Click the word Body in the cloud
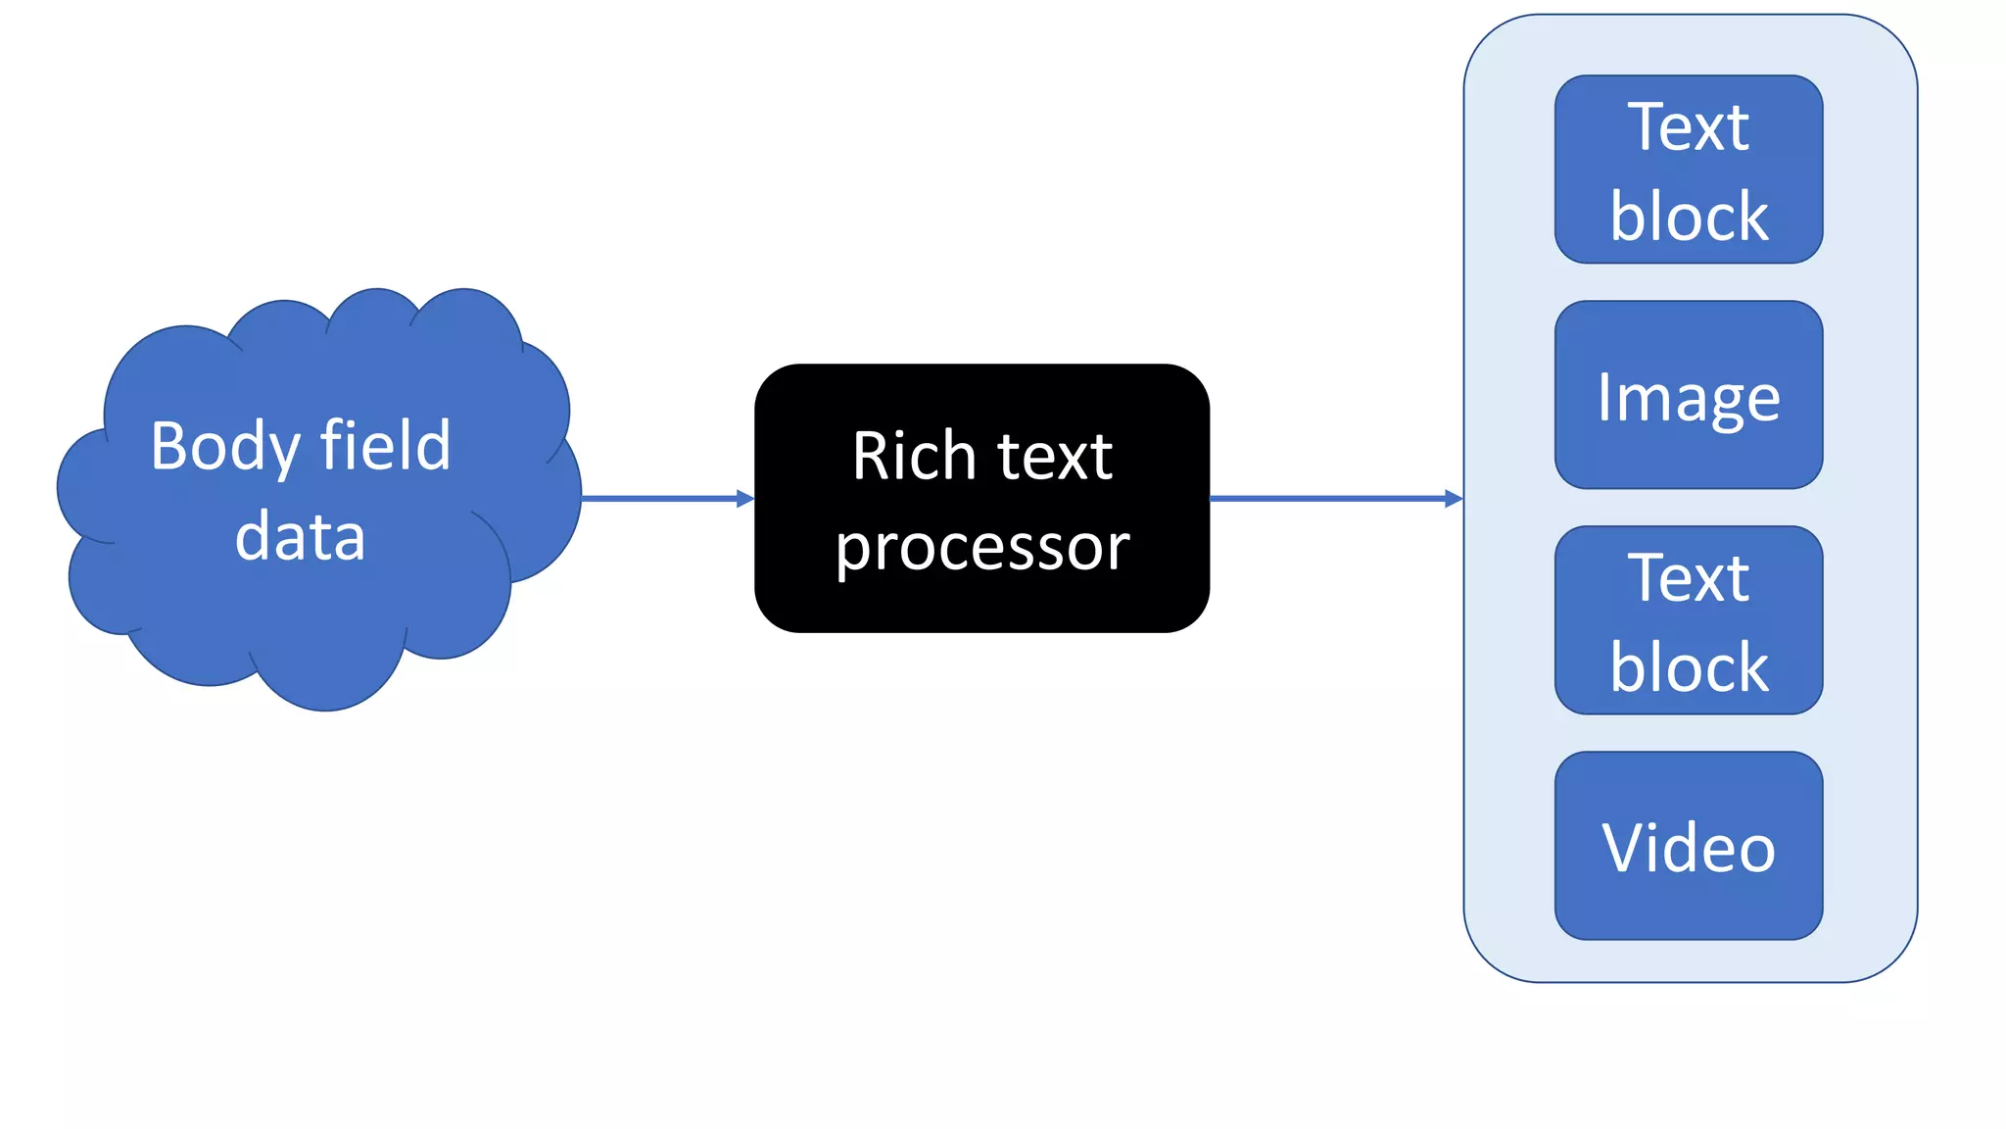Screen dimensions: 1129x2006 click(224, 447)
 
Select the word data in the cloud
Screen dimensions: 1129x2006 click(300, 536)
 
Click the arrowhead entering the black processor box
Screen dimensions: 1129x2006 click(745, 499)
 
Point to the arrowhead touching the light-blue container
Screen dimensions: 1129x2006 click(1454, 499)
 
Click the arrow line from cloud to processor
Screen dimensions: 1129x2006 click(656, 499)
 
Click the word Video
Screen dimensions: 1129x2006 click(1688, 848)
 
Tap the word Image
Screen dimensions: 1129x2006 click(1688, 397)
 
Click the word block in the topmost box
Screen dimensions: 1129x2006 click(1689, 217)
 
